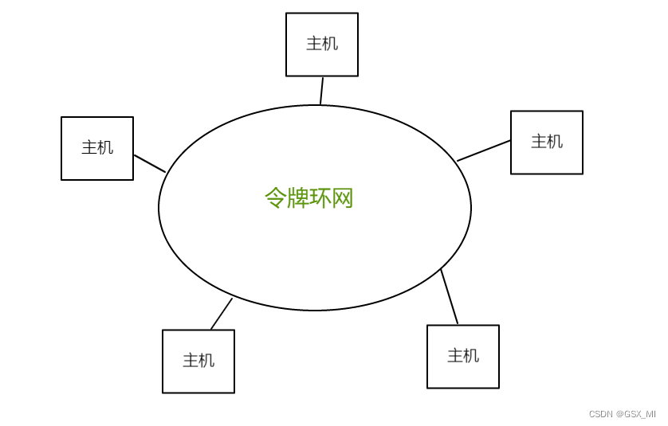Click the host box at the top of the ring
pyautogui.click(x=322, y=45)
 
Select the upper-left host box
pyautogui.click(x=97, y=149)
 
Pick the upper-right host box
pyautogui.click(x=547, y=143)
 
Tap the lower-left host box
pyautogui.click(x=198, y=362)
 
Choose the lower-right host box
pyautogui.click(x=463, y=357)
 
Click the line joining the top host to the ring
pyautogui.click(x=321, y=91)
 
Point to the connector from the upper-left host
pyautogui.click(x=150, y=163)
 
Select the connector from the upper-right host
pyautogui.click(x=484, y=150)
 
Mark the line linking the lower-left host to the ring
pyautogui.click(x=222, y=314)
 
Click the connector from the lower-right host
pyautogui.click(x=450, y=297)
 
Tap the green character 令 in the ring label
pyautogui.click(x=275, y=197)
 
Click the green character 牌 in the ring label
pyautogui.click(x=298, y=197)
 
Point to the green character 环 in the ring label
pyautogui.click(x=320, y=197)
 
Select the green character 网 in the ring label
pyautogui.click(x=343, y=197)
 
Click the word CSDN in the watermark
pyautogui.click(x=600, y=414)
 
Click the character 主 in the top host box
pyautogui.click(x=314, y=44)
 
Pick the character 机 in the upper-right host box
pyautogui.click(x=555, y=142)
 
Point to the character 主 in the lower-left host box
pyautogui.click(x=191, y=361)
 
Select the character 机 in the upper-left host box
pyautogui.click(x=105, y=147)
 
